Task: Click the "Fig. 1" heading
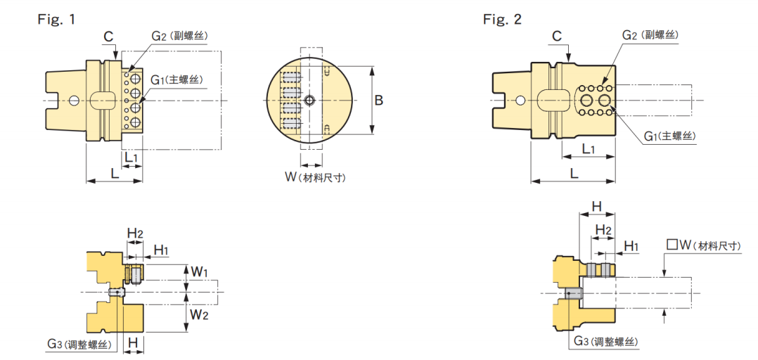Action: (56, 19)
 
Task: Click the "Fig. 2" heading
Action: (502, 19)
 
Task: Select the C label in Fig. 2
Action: (556, 35)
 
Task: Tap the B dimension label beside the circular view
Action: (378, 101)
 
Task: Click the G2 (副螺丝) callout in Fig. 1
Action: (179, 35)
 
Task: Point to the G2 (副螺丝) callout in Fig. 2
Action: (650, 35)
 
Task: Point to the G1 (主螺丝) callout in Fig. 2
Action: (670, 135)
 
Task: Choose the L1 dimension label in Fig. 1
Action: (131, 157)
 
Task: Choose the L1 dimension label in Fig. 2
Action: (589, 149)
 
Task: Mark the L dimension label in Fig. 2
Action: (574, 172)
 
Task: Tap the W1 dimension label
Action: (200, 271)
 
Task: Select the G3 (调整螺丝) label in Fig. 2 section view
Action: (605, 342)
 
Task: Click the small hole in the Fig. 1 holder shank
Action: (74, 101)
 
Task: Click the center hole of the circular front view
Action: (309, 101)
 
